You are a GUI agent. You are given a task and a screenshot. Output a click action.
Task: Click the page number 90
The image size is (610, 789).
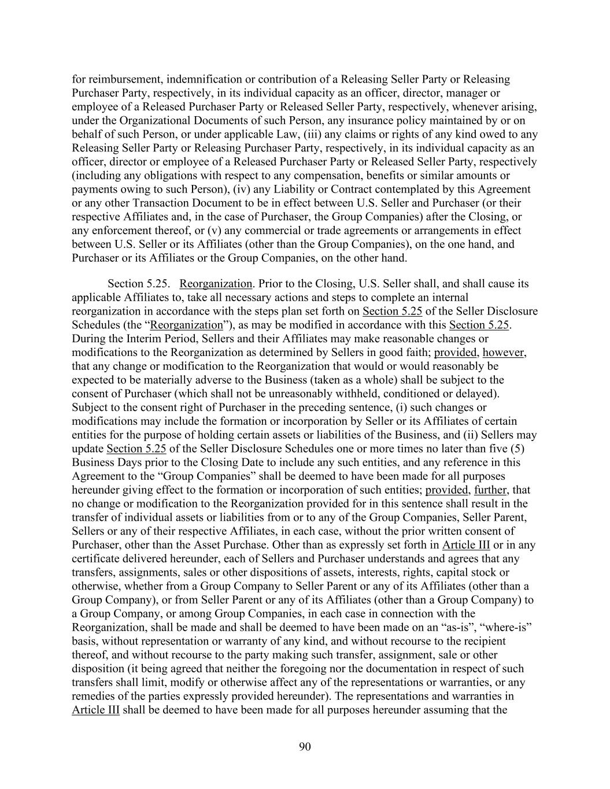click(x=305, y=747)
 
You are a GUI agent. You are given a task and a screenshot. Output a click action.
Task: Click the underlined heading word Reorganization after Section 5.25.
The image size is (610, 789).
click(x=216, y=284)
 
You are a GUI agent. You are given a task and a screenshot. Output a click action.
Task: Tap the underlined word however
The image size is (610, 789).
click(x=504, y=353)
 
